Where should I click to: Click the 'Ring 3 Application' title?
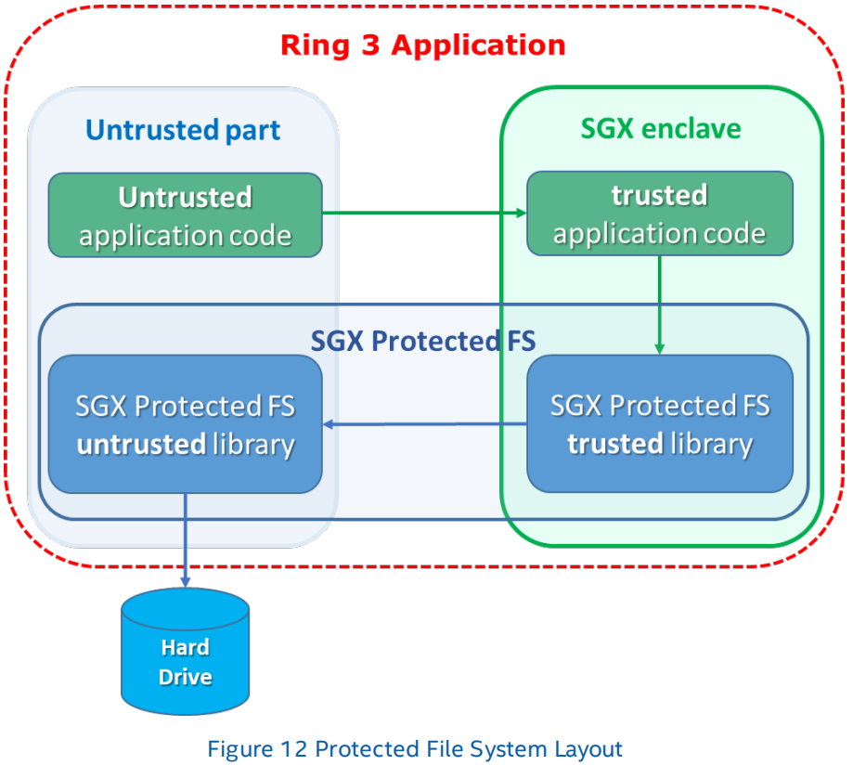(422, 45)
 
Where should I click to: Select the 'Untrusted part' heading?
(183, 129)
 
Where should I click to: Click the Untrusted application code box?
(185, 215)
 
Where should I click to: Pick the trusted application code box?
(659, 214)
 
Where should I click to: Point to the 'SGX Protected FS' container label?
(422, 341)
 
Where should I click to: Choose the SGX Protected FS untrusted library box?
(185, 424)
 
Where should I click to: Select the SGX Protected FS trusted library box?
(659, 424)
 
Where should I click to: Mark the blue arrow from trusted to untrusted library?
(424, 425)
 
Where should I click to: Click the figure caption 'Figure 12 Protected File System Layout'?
(414, 748)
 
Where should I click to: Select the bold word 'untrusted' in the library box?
(140, 445)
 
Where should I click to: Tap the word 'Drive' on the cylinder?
(186, 677)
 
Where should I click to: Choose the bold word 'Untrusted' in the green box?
(185, 197)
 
